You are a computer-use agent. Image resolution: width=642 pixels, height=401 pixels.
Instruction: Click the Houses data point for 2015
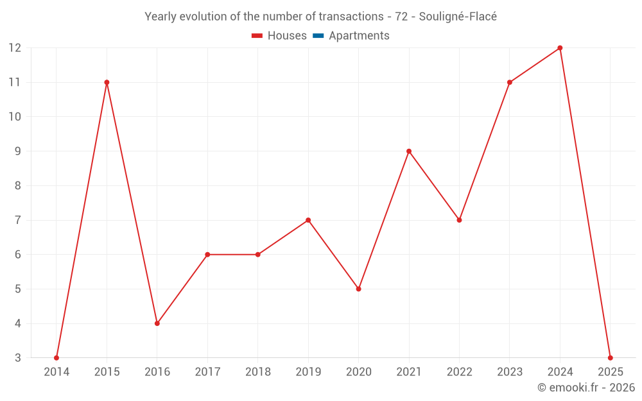pos(107,82)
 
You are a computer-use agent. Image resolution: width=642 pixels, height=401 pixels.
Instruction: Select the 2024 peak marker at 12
pos(560,48)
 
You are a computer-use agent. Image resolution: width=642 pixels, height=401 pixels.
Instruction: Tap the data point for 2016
pos(157,323)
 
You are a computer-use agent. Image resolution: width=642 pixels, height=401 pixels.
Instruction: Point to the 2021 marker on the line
pos(409,151)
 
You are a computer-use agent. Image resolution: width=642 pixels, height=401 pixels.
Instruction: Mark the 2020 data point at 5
pos(358,289)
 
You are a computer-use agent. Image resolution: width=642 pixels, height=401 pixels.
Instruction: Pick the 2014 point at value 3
pos(56,357)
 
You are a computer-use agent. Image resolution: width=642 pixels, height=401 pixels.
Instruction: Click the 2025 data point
pos(610,357)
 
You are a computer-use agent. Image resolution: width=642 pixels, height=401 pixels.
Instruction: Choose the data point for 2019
pos(308,220)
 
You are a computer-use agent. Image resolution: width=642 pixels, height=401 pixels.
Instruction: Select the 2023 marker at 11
pos(510,82)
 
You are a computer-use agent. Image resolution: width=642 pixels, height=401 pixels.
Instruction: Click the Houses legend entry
pos(279,36)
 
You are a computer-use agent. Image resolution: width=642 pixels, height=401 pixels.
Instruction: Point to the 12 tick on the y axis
pos(15,48)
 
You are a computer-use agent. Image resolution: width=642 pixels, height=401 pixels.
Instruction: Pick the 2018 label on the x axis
pos(258,372)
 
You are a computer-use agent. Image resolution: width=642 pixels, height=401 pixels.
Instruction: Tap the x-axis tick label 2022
pos(459,372)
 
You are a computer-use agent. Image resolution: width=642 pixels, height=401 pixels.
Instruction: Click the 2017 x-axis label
pos(207,372)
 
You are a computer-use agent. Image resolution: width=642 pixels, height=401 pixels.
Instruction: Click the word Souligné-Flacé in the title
pos(458,17)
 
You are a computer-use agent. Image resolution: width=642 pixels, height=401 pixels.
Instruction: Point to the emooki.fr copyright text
pos(586,388)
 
